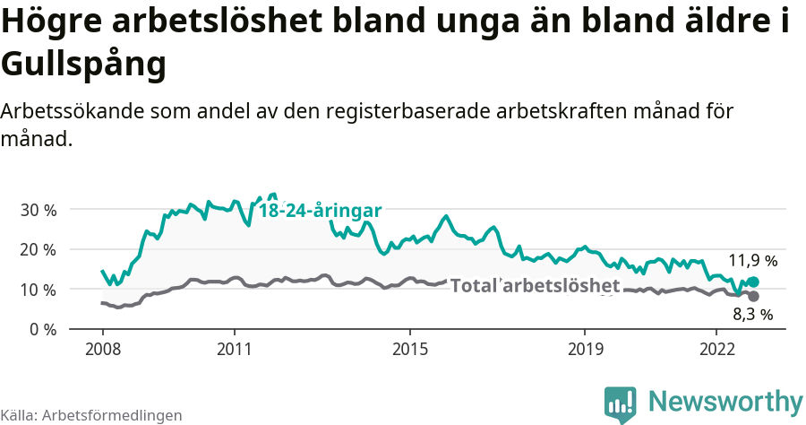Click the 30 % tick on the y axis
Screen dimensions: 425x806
pos(38,210)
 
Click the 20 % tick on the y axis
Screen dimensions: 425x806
pos(38,249)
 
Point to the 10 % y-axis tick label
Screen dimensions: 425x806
pos(38,290)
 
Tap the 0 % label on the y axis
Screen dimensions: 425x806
pos(41,329)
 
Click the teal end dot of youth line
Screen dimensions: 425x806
pos(753,282)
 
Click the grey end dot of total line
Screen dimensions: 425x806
pos(753,296)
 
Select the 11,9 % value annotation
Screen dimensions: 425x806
pos(752,261)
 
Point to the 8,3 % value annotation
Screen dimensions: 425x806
pos(752,315)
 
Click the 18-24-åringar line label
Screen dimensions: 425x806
pos(321,211)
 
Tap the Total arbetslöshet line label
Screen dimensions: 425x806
pos(535,286)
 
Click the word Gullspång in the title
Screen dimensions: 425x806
pos(83,65)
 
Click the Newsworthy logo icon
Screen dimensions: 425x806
pos(620,403)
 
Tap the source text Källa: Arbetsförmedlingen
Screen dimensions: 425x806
pos(91,415)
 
